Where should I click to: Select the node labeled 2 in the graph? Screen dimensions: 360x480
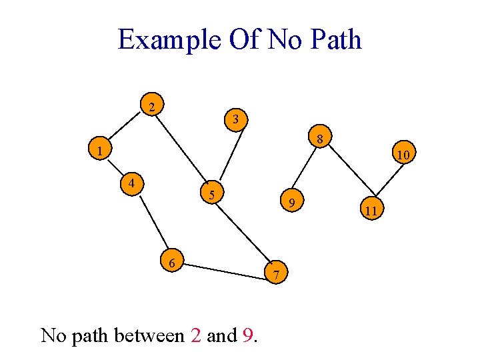click(x=153, y=107)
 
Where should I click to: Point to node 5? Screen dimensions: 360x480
click(x=211, y=195)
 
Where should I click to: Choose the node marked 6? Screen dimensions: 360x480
click(x=172, y=263)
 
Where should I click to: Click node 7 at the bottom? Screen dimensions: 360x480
click(x=277, y=273)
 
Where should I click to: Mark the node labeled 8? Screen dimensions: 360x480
click(x=320, y=139)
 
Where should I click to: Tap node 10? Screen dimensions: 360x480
click(x=403, y=155)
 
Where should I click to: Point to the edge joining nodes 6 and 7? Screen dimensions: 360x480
click(x=225, y=268)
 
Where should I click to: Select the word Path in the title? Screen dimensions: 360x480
click(x=336, y=39)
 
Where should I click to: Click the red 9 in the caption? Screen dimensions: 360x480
click(x=247, y=335)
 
